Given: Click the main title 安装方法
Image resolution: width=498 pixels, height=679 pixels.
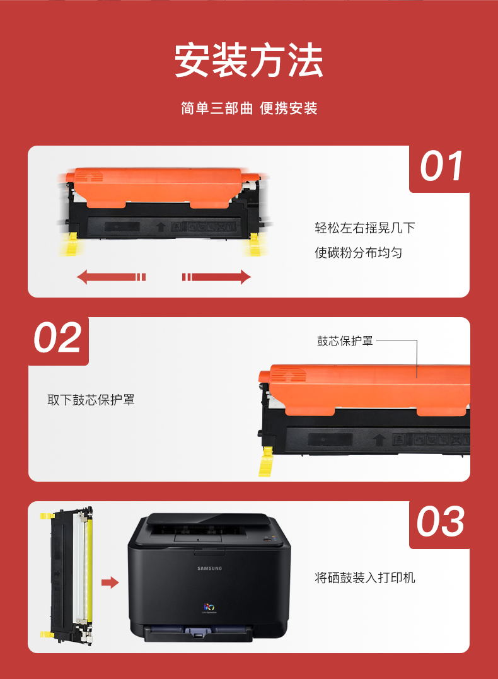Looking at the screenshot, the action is pos(248,60).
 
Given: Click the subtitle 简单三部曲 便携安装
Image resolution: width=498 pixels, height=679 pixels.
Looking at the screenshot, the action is pos(249,108).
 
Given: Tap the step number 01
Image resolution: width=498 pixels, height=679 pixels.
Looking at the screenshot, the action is pos(441,166).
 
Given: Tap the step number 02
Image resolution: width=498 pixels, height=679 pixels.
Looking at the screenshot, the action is pos(57,337).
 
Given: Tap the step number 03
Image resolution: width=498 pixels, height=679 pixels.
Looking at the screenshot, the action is pos(441,521).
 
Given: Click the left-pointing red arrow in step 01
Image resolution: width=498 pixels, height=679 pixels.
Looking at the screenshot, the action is pos(112,277).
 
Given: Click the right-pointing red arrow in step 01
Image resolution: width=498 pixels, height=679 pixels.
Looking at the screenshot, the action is pos(216,277).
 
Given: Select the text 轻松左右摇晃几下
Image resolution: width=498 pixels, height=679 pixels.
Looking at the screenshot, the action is pos(364,228).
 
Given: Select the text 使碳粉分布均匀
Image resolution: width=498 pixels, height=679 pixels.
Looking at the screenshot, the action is pos(359,252).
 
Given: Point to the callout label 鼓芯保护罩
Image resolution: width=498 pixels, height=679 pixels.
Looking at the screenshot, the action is pos(345,341).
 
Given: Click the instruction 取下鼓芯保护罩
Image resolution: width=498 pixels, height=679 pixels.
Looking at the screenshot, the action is pos(91,400).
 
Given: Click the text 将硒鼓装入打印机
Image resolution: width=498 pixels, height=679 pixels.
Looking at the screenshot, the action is pos(364,577).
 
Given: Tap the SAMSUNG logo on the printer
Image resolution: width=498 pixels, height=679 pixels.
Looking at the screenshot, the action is pos(209,568).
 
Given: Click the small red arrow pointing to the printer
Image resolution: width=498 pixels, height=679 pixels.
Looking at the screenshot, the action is pos(110,583).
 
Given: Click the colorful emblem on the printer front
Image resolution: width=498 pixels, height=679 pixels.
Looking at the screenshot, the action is pos(209,607).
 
